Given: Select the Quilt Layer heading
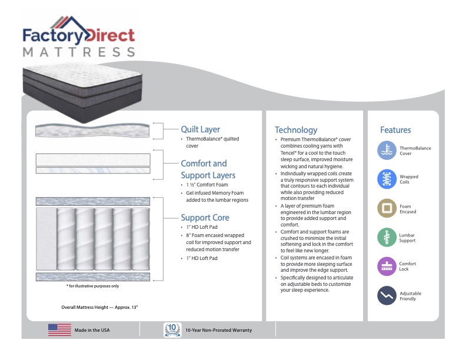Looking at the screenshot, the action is [x=200, y=129].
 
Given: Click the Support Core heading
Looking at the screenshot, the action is [x=205, y=217].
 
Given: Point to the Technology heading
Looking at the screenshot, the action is [x=295, y=130].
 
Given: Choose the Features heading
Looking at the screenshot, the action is [x=395, y=130].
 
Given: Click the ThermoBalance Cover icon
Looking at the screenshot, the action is [x=387, y=151].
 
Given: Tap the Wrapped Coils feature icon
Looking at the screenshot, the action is [x=387, y=179].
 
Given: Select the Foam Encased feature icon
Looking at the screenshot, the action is [x=387, y=208].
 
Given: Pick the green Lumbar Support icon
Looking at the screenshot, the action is [x=387, y=237].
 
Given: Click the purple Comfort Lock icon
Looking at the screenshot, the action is [x=387, y=266].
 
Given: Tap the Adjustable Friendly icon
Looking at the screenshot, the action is [x=387, y=295].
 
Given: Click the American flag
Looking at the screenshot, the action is [x=59, y=330].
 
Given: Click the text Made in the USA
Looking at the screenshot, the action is [x=92, y=331].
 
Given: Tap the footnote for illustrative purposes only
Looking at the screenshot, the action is [x=92, y=286].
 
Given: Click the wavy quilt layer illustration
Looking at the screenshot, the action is [x=93, y=130].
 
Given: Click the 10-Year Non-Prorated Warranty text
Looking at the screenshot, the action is [x=218, y=331].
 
